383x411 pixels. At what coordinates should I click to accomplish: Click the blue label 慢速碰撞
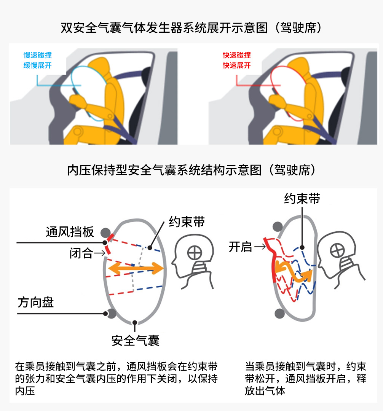tap(37, 56)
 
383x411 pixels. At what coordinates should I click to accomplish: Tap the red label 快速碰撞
tap(237, 56)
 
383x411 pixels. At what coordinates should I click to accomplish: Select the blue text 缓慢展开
tap(37, 65)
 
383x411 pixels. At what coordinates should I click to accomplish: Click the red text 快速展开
tap(237, 65)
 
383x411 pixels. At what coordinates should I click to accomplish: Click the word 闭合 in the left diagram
tap(81, 253)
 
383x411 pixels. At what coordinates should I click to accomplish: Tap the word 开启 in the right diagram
tap(240, 247)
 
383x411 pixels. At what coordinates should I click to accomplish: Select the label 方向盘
tap(36, 303)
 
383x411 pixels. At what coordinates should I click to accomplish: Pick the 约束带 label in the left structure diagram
tap(187, 222)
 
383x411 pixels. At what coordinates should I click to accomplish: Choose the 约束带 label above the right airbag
tap(302, 199)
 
